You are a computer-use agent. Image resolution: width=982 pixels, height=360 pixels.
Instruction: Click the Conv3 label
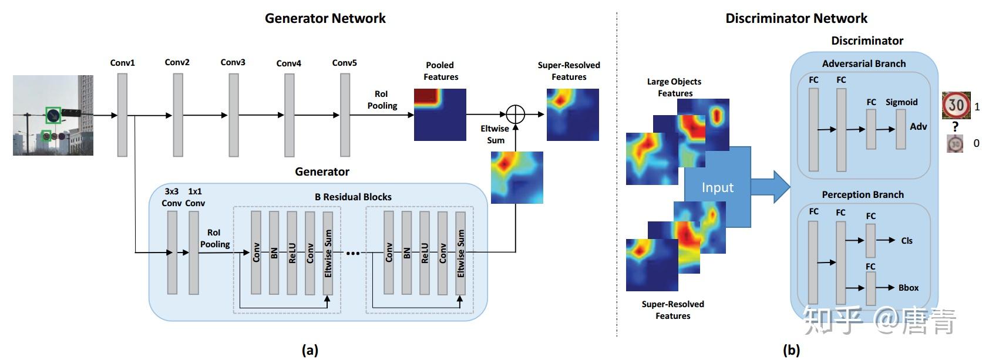[x=233, y=62]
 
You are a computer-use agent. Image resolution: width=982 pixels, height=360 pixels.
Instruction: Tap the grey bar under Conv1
[x=122, y=115]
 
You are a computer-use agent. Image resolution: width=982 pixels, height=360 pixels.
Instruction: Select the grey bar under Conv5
[x=345, y=115]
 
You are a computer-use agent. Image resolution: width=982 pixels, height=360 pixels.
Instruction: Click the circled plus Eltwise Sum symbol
[x=515, y=115]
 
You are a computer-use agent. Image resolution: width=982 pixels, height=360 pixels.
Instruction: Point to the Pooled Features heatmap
[x=440, y=115]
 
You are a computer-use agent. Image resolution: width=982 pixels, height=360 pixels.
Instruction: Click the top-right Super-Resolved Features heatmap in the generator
[x=573, y=115]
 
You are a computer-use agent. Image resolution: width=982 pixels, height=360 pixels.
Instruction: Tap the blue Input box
[x=718, y=187]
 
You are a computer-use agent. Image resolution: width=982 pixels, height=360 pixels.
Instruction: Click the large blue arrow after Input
[x=772, y=187]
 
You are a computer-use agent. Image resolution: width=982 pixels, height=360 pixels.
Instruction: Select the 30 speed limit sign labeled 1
[x=956, y=106]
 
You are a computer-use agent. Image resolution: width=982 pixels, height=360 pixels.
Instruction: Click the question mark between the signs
[x=956, y=127]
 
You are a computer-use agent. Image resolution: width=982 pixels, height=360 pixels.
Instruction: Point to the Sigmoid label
[x=901, y=102]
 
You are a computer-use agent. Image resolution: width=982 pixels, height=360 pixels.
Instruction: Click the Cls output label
[x=906, y=241]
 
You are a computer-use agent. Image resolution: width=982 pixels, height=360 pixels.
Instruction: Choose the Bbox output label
[x=908, y=288]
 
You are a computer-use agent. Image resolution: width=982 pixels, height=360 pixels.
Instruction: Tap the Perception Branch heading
[x=862, y=194]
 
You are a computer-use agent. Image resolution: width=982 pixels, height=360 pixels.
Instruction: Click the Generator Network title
[x=325, y=18]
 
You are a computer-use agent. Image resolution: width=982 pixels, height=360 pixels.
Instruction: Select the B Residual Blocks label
[x=352, y=197]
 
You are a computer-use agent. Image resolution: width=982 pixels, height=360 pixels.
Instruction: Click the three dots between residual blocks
[x=352, y=253]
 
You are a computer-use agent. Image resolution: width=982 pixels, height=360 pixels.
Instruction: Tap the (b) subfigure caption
[x=791, y=351]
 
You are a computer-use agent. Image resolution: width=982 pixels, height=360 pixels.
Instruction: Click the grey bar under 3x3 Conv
[x=172, y=253]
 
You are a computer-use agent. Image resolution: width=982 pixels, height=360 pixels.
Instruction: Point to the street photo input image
[x=53, y=115]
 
